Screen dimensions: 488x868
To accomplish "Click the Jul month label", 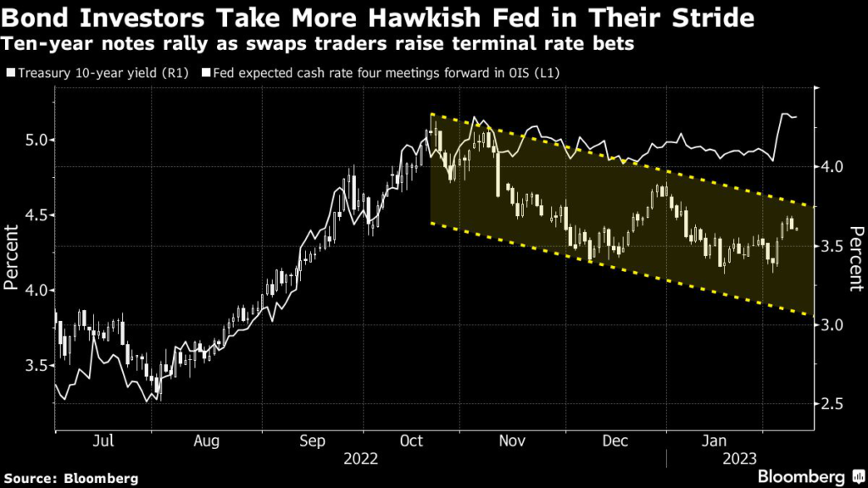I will (103, 441).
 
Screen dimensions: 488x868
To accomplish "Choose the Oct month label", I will (410, 441).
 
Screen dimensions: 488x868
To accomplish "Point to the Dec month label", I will (616, 441).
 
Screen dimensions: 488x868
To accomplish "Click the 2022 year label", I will (361, 459).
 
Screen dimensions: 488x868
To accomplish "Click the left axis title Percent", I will (11, 257).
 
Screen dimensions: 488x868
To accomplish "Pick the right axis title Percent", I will (856, 257).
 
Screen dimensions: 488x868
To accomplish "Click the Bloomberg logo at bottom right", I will (801, 475).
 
